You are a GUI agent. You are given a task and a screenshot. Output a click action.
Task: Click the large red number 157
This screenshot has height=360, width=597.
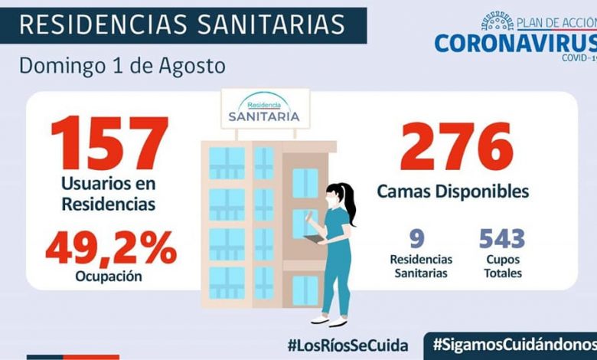tap(109, 144)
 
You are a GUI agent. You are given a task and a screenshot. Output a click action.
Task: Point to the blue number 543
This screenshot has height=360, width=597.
tap(502, 239)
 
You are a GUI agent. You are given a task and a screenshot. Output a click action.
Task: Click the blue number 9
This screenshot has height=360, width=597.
tap(417, 239)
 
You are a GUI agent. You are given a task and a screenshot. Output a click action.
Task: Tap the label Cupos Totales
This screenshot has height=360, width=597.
tap(502, 267)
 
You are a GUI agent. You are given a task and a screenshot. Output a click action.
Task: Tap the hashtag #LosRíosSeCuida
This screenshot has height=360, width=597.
tap(347, 345)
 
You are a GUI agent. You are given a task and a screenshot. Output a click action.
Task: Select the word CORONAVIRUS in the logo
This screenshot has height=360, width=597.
tap(515, 41)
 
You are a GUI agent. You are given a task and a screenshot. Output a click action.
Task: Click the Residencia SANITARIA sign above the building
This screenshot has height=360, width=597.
tap(264, 108)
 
